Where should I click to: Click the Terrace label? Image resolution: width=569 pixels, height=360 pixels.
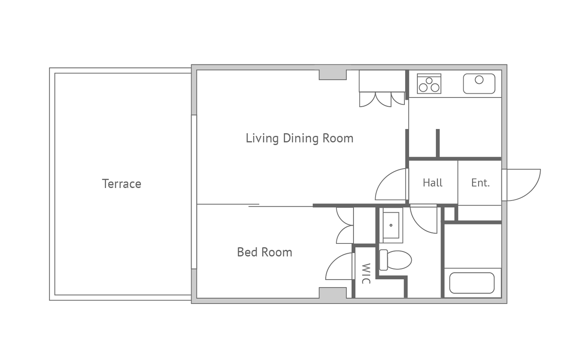click(122, 184)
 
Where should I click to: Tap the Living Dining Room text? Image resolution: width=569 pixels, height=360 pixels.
click(300, 139)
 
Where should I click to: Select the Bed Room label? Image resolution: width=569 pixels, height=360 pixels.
click(264, 252)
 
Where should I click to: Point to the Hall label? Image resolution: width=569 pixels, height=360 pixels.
click(433, 183)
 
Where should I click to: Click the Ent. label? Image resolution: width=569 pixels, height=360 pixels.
click(480, 183)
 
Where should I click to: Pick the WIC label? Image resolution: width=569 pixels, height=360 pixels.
click(366, 273)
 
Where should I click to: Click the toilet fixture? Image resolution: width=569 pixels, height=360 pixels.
click(396, 260)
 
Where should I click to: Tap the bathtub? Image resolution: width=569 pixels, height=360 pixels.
click(472, 283)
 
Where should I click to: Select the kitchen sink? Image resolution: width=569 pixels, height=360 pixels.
click(479, 84)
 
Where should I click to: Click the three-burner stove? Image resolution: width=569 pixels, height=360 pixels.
click(429, 84)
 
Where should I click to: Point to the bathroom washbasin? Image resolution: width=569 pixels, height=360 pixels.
click(391, 225)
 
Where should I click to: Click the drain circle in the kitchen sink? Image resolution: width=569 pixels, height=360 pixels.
click(479, 80)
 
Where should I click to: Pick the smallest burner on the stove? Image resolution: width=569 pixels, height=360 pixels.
click(429, 81)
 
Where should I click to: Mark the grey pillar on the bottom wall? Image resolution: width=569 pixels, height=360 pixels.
click(333, 293)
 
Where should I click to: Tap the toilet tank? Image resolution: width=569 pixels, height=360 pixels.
click(383, 260)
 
